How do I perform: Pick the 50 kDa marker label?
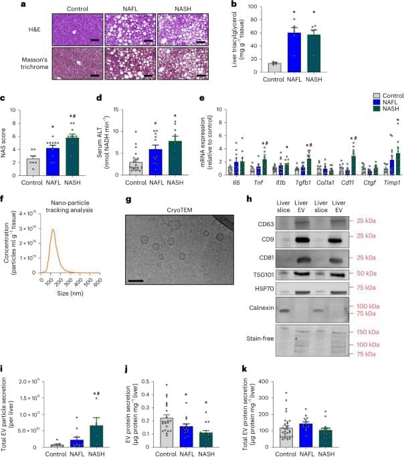pyautogui.click(x=384, y=256)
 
